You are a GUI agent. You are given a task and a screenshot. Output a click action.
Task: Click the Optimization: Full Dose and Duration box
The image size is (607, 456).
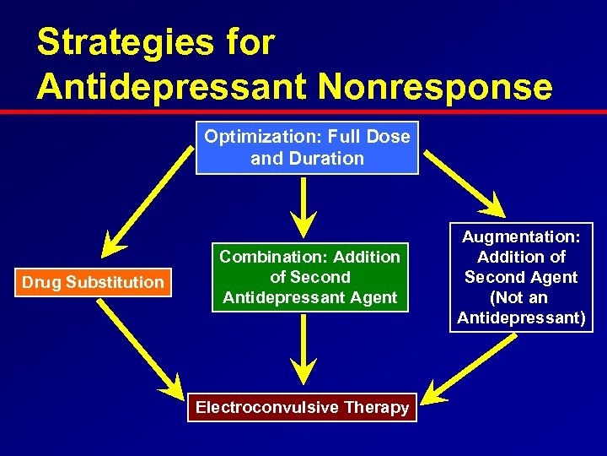click(x=307, y=147)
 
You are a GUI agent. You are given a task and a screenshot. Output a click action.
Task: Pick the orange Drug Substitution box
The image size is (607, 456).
click(x=93, y=282)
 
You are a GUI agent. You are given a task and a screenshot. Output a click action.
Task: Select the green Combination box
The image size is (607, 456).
click(x=309, y=276)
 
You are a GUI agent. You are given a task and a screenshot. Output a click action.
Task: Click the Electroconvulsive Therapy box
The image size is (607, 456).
click(x=302, y=407)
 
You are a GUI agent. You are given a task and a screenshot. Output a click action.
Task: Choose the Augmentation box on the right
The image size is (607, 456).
click(x=521, y=277)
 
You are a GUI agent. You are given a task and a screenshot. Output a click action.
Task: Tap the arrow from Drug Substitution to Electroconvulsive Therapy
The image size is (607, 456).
click(x=140, y=347)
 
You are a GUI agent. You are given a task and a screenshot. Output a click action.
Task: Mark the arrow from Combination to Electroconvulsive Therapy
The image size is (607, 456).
click(x=303, y=350)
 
